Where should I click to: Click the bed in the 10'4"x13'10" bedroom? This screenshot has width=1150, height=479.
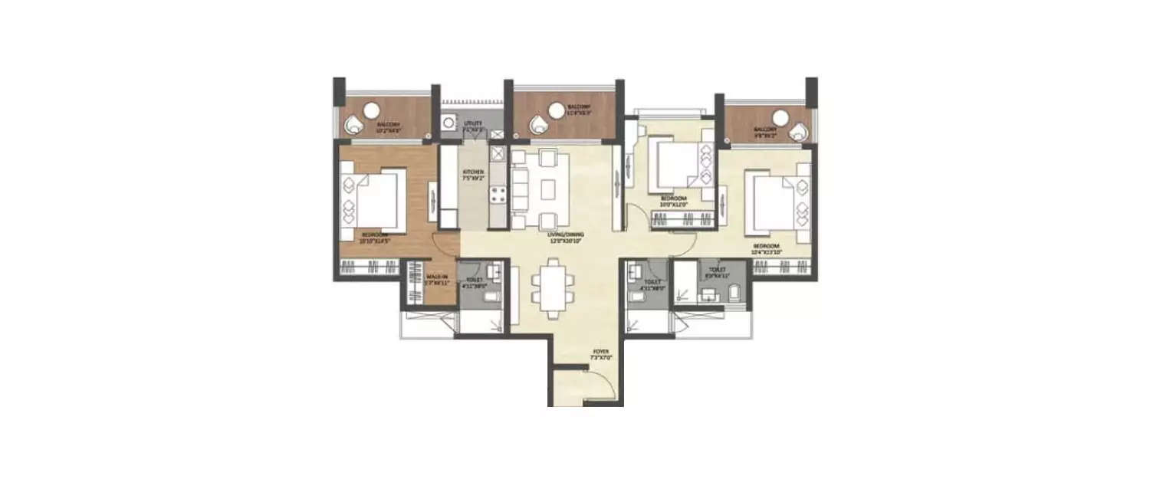[775, 201]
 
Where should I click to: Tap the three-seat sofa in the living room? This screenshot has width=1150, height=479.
[521, 189]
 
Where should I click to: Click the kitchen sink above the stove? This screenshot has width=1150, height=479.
[496, 156]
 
